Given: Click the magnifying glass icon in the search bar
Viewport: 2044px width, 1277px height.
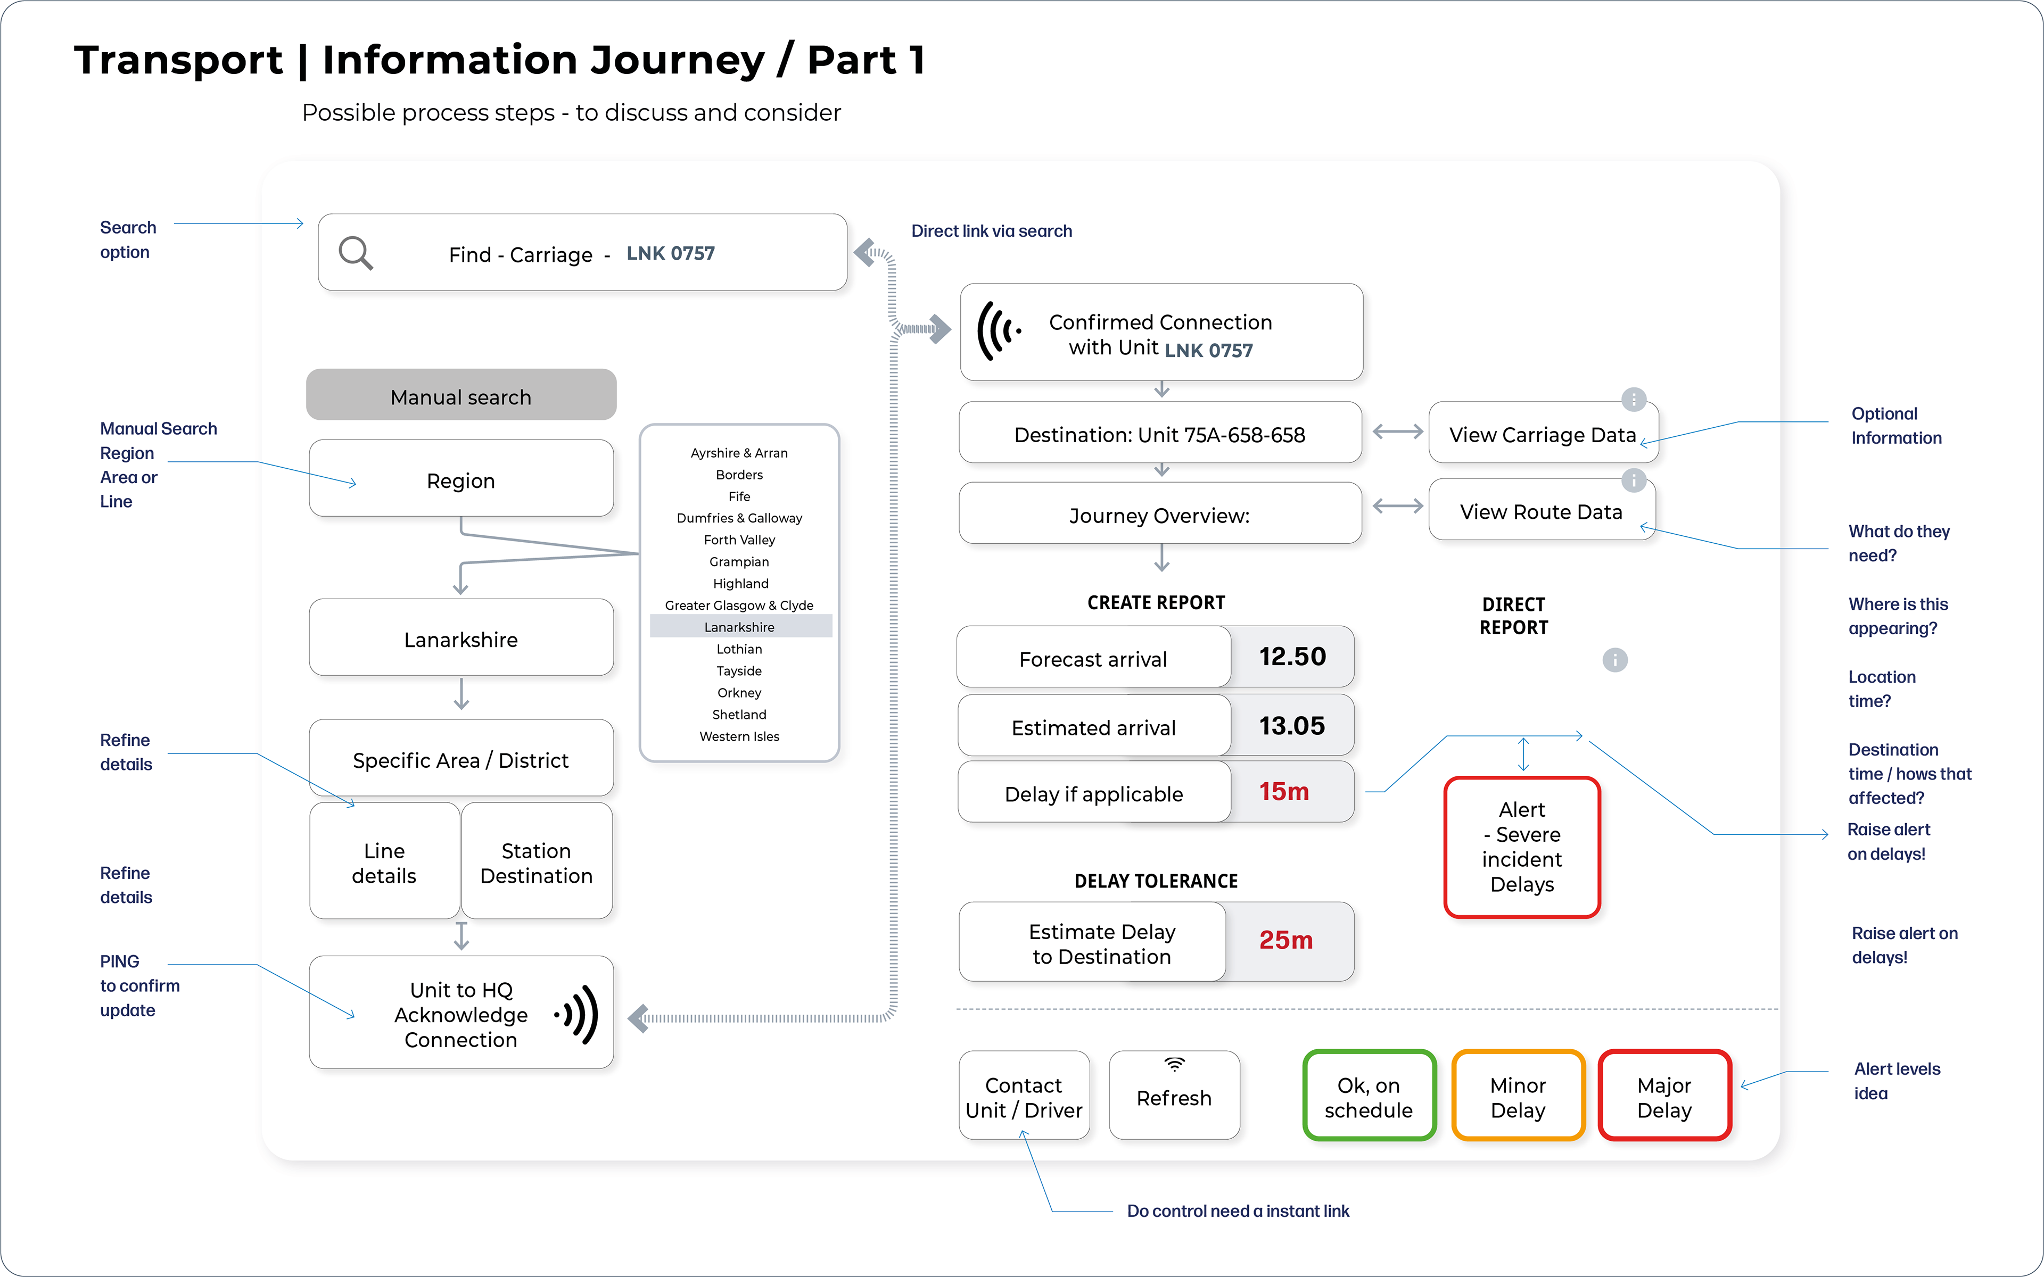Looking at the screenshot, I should (356, 253).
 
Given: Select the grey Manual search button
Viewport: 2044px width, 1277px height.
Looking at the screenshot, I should (461, 395).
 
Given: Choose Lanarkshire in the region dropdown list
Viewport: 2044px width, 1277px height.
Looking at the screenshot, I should (740, 627).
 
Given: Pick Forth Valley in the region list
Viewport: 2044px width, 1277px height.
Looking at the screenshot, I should (740, 540).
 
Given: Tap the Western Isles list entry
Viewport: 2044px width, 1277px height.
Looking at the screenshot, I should (740, 736).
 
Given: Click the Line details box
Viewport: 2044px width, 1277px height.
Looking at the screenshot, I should (384, 863).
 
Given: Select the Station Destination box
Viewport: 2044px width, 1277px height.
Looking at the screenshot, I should (537, 863).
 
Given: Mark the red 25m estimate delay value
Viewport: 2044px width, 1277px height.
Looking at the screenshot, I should (1285, 940).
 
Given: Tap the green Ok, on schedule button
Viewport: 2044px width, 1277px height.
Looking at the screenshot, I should (1369, 1096).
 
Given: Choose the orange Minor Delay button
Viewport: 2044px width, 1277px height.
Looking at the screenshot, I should (1518, 1096).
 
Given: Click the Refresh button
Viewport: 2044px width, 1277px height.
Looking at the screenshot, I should (1174, 1096).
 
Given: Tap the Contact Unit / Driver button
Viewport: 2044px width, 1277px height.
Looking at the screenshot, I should (1024, 1096).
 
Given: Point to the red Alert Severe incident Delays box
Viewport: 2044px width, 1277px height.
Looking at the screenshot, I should (1522, 847).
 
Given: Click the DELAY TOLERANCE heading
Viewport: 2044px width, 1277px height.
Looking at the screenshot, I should (1156, 881).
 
